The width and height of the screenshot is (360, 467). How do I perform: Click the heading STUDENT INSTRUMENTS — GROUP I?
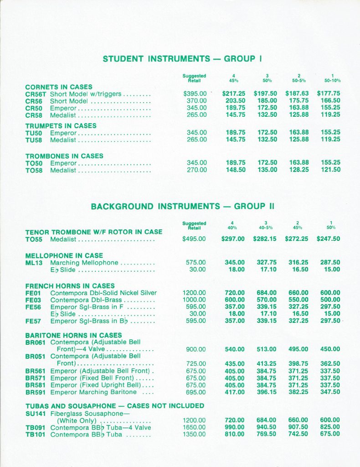click(181, 59)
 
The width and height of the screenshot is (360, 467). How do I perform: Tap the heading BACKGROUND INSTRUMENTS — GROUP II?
click(182, 206)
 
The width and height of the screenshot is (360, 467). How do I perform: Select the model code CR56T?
click(36, 94)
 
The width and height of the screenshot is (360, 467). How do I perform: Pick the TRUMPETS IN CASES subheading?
click(61, 125)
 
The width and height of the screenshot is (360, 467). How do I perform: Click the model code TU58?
click(34, 140)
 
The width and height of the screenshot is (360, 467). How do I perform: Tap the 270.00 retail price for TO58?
click(197, 170)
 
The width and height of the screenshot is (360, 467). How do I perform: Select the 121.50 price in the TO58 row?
click(330, 170)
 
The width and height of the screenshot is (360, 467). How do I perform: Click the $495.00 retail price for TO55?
click(194, 239)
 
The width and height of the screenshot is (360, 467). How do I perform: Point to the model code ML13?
click(34, 263)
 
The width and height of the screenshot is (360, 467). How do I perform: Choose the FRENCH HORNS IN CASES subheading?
click(70, 286)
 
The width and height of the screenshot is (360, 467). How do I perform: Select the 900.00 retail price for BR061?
click(197, 349)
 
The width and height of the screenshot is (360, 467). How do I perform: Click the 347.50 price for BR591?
click(330, 392)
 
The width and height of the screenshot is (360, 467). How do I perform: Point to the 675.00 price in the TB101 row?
click(330, 434)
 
